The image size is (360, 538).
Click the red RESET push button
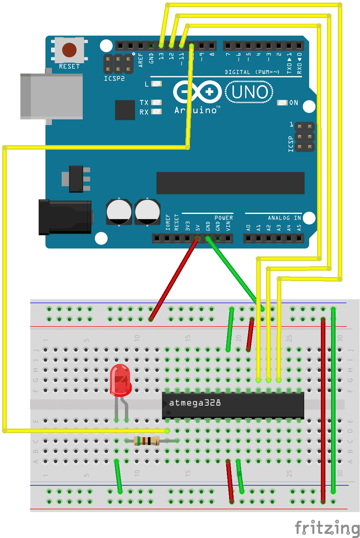pos(69,50)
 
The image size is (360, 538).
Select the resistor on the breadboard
pos(146,441)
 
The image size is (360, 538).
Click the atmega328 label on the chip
pos(195,403)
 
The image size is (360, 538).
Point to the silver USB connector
pos(52,96)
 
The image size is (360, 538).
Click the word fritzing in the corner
pos(327,527)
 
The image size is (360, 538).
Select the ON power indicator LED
pos(282,103)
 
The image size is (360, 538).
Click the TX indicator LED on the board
pos(156,102)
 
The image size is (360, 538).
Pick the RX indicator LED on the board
pos(156,112)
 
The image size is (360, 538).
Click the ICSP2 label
pos(114,79)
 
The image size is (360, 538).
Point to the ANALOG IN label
pos(284,218)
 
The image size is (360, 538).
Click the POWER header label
pos(223,218)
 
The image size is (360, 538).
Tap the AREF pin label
pos(141,60)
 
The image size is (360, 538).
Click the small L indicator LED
pos(156,83)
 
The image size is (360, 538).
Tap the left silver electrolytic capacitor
pos(119,212)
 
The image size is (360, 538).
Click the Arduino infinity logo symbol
pos(197,92)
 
